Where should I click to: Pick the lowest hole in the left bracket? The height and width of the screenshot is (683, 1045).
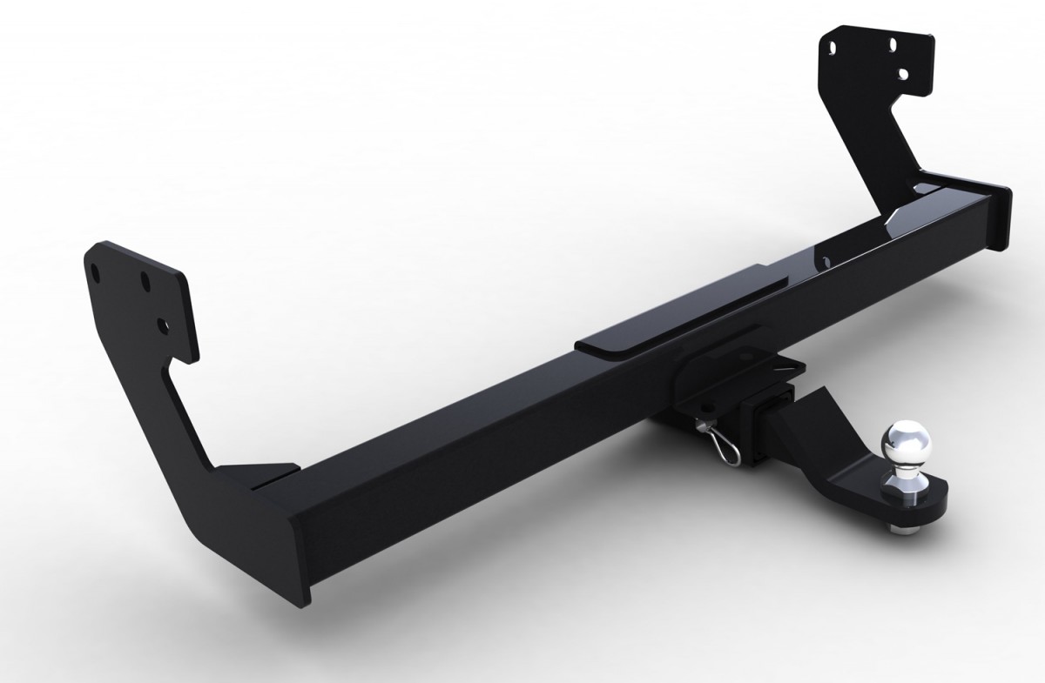[x=161, y=325]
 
